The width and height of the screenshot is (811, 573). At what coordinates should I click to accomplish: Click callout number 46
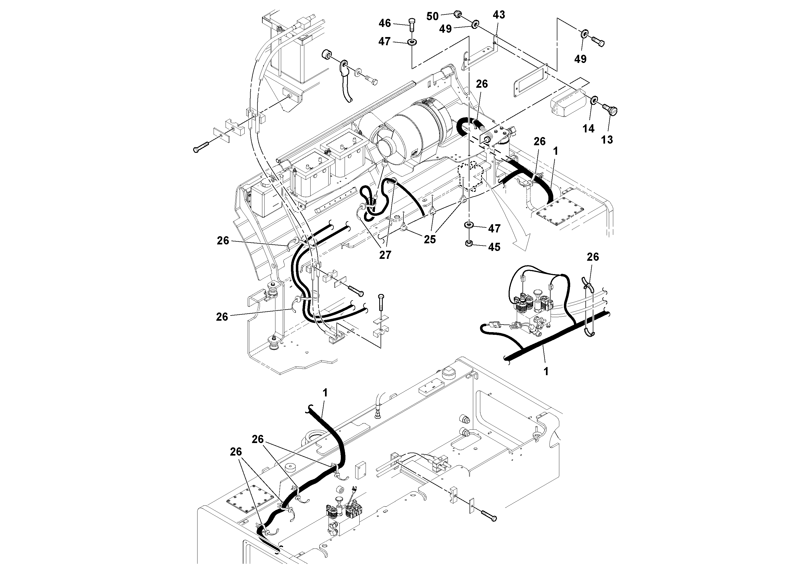pos(385,23)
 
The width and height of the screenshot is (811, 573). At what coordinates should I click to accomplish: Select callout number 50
pos(432,16)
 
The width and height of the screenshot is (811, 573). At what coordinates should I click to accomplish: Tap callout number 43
pos(499,15)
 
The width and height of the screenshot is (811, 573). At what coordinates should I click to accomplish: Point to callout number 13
pos(607,140)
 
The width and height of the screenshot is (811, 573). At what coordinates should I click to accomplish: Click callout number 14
pos(588,129)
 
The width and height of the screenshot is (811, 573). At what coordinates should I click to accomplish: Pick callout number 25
pos(430,239)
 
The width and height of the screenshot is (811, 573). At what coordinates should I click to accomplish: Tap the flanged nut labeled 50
pos(458,14)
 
